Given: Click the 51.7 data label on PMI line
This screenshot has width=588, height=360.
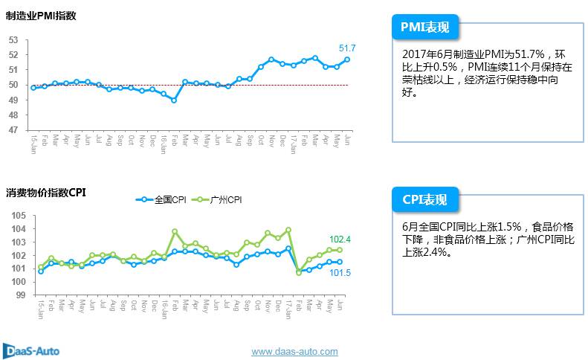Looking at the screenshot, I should pyautogui.click(x=347, y=48).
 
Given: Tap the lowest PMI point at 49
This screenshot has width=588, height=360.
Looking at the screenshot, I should pyautogui.click(x=174, y=100).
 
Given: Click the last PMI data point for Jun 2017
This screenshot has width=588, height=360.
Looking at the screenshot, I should pyautogui.click(x=347, y=60).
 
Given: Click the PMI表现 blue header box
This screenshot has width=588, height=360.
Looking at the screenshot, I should pyautogui.click(x=424, y=28).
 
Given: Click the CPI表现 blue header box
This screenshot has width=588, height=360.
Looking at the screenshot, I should pyautogui.click(x=424, y=199).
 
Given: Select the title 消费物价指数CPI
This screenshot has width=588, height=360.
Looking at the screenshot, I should pyautogui.click(x=46, y=193).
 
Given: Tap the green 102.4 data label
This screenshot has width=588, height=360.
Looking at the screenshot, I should pyautogui.click(x=340, y=239).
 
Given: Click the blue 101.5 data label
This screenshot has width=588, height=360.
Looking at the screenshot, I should pyautogui.click(x=340, y=273).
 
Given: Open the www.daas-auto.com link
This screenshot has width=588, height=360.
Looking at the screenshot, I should pyautogui.click(x=294, y=351).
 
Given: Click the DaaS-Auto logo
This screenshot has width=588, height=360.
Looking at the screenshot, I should pyautogui.click(x=31, y=350).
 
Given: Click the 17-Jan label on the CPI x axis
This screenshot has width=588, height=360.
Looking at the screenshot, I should pyautogui.click(x=288, y=309).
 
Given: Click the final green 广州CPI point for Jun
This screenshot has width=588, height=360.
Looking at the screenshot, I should pyautogui.click(x=340, y=250).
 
